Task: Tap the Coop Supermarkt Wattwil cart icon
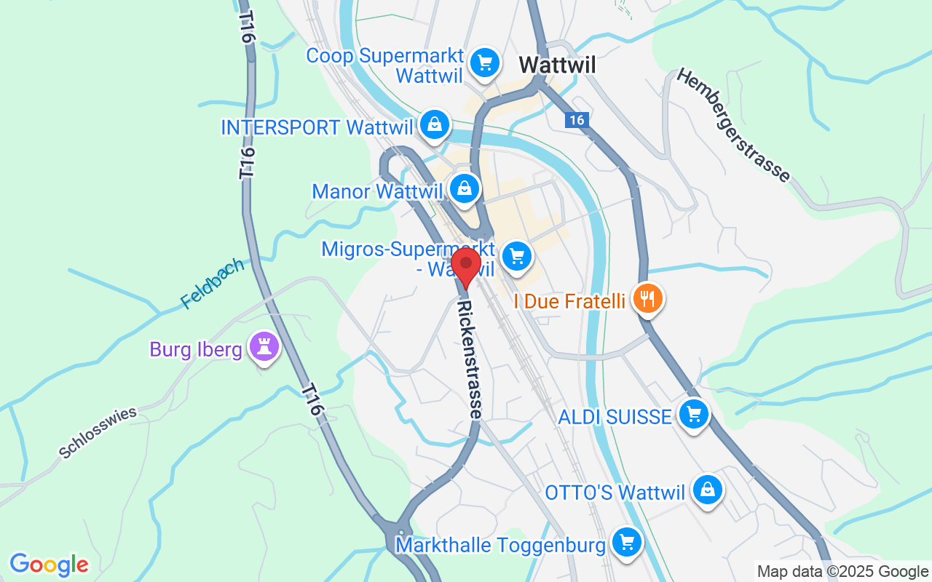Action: pyautogui.click(x=484, y=63)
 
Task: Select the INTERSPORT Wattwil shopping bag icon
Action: pyautogui.click(x=435, y=125)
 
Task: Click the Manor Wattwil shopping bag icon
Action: pyautogui.click(x=465, y=189)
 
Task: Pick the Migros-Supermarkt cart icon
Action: pyautogui.click(x=517, y=256)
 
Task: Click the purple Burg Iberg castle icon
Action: pyautogui.click(x=264, y=347)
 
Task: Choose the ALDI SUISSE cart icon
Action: pyautogui.click(x=694, y=415)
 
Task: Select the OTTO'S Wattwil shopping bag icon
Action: pyautogui.click(x=707, y=490)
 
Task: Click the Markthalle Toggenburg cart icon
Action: pyautogui.click(x=626, y=543)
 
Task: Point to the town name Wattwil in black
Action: pyautogui.click(x=557, y=65)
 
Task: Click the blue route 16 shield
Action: pyautogui.click(x=577, y=120)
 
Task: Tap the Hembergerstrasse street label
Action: pyautogui.click(x=733, y=125)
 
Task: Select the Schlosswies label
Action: pyautogui.click(x=98, y=433)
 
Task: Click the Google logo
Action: pyautogui.click(x=49, y=564)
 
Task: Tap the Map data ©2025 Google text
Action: pyautogui.click(x=842, y=572)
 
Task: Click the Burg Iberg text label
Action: pyautogui.click(x=195, y=350)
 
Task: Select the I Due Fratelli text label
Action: pyautogui.click(x=570, y=300)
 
